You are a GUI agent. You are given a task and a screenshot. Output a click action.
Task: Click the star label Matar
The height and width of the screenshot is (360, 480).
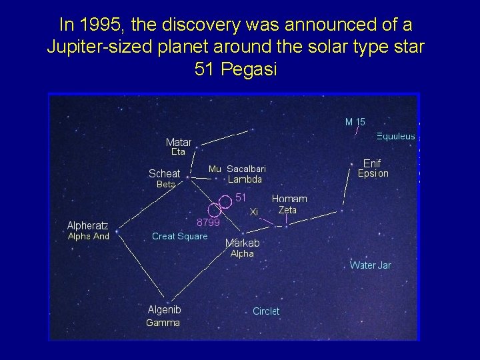(x=178, y=142)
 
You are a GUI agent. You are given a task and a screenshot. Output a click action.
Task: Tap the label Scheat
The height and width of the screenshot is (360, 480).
(x=164, y=174)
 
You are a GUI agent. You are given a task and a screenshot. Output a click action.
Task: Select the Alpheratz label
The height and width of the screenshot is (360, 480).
(x=87, y=225)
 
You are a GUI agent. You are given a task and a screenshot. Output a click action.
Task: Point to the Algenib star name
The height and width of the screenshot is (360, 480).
(x=164, y=309)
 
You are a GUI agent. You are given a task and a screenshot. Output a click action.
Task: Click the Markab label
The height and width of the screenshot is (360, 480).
(x=242, y=243)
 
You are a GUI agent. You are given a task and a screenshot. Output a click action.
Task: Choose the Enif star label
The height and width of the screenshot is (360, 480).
(x=372, y=163)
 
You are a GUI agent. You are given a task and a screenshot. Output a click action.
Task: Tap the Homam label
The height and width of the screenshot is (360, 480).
(x=289, y=199)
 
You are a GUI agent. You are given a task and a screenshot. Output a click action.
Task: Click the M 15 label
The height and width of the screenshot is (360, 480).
(x=355, y=122)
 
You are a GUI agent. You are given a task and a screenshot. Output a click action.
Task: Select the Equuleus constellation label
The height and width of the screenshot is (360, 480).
(x=395, y=137)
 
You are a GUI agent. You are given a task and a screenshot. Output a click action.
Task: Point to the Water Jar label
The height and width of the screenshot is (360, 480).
(x=370, y=265)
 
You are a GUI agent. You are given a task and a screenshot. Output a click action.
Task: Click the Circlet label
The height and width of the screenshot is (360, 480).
(x=266, y=311)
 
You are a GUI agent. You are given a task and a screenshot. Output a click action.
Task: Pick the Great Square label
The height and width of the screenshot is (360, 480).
(x=179, y=236)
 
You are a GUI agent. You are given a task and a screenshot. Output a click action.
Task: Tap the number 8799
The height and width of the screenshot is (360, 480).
(x=208, y=223)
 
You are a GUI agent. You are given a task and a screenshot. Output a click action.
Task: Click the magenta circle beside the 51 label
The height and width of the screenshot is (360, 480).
(x=225, y=201)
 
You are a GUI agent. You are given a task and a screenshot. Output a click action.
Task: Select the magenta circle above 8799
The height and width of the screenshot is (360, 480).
(x=214, y=209)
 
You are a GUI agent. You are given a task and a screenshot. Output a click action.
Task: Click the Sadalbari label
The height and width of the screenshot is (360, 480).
(x=246, y=169)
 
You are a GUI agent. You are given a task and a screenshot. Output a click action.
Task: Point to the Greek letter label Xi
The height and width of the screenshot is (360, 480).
(x=253, y=212)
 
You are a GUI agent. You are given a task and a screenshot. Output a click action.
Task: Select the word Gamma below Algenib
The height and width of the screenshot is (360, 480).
(x=163, y=323)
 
